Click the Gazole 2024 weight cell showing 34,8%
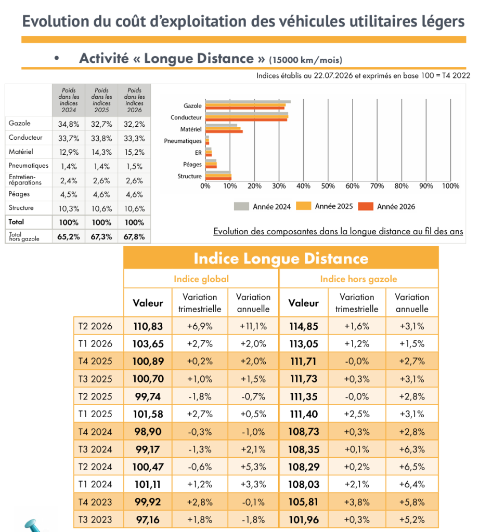69,124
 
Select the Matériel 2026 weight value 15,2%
135,152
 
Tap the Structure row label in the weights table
21,208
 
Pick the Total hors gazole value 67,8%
134,236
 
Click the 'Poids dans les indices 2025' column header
101,100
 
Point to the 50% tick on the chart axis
328,186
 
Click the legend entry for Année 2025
325,206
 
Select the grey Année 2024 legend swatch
241,206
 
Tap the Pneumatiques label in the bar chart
183,141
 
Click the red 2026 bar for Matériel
224,131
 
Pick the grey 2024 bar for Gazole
248,102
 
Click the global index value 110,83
148,326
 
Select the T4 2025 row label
95,361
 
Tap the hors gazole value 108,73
304,432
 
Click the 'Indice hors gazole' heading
358,279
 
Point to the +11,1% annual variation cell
253,326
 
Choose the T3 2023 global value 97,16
148,520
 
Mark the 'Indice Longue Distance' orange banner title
281,259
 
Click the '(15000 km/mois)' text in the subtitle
306,60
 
